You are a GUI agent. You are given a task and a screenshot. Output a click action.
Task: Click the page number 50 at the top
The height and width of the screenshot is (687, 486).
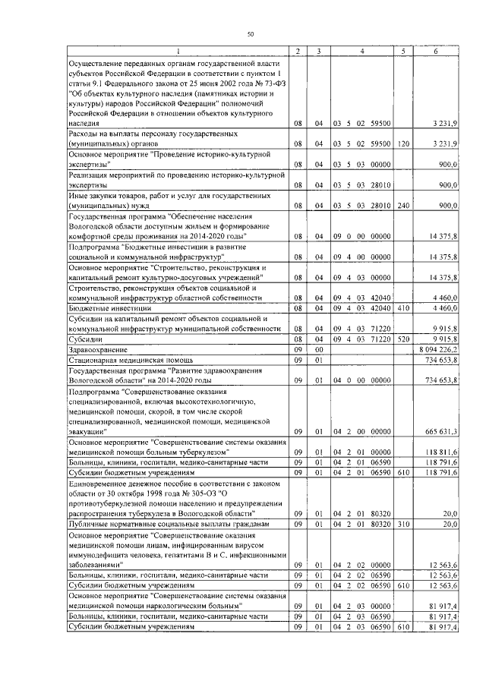point(250,34)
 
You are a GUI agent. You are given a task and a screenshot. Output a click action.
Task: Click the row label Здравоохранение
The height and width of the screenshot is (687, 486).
point(96,349)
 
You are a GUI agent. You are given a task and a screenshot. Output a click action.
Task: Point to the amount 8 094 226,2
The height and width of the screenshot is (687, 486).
point(437,349)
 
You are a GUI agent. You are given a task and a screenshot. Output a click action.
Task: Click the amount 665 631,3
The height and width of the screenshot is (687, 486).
point(440,431)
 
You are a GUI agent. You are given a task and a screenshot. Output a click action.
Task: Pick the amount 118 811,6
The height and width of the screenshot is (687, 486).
point(440,452)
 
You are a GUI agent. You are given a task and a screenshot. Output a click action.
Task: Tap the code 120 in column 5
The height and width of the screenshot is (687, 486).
point(402,143)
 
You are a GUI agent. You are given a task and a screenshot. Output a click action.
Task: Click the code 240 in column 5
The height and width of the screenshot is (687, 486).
point(402,206)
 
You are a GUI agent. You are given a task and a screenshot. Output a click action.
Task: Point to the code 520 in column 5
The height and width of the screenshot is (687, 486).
point(402,339)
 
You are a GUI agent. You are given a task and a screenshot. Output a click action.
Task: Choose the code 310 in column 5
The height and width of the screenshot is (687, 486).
point(402,524)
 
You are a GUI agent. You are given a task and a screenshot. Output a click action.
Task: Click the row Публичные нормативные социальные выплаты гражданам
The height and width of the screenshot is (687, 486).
point(168,524)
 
